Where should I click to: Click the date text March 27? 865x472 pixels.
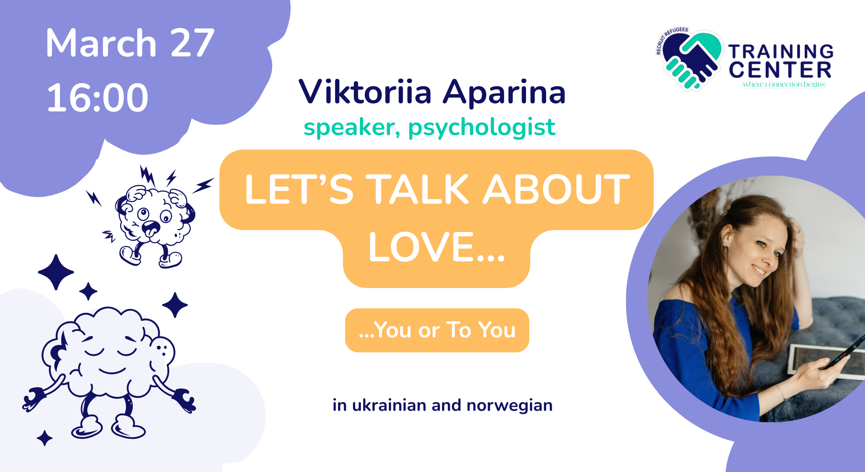130,43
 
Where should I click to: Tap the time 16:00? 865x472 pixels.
97,97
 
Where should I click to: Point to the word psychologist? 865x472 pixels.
482,128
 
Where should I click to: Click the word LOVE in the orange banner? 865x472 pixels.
437,247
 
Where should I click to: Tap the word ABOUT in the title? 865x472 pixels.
556,189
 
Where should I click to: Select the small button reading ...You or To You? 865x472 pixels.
437,330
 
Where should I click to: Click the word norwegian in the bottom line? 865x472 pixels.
509,406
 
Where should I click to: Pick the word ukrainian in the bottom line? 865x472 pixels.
389,405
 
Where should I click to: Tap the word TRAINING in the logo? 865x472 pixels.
781,52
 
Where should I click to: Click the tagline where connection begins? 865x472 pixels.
784,84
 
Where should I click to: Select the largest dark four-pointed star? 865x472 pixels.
56,272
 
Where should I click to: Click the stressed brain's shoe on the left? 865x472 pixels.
131,256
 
